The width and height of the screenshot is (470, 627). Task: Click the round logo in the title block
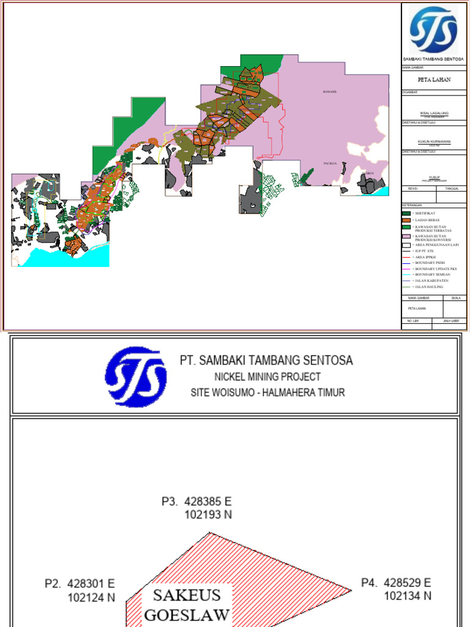(433, 29)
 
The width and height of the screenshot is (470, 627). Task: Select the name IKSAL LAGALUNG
(434, 113)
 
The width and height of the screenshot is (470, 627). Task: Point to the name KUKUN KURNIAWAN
(434, 141)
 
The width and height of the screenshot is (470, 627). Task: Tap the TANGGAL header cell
(452, 189)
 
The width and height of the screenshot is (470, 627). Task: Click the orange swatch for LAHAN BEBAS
(406, 220)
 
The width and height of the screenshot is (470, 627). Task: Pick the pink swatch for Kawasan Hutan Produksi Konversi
(406, 236)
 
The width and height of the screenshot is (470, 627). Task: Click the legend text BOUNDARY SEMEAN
(435, 274)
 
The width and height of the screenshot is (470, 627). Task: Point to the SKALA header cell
(455, 298)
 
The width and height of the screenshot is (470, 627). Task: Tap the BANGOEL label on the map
(330, 92)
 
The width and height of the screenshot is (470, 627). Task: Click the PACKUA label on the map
(331, 164)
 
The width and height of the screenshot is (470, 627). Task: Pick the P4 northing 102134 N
(408, 595)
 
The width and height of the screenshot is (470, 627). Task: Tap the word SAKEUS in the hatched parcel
(187, 595)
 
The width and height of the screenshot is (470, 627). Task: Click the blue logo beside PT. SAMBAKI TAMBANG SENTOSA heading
(135, 377)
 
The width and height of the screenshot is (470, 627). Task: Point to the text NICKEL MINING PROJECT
(267, 377)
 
